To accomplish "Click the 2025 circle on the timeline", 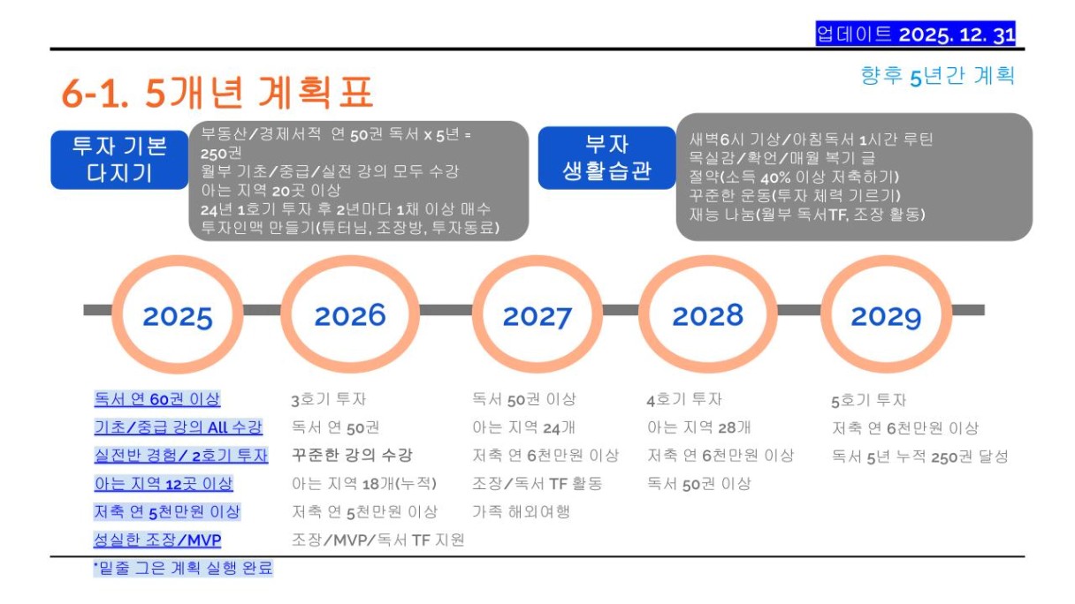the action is coord(178,262).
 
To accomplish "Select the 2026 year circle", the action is coord(350,262).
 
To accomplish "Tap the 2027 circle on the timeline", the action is coord(537,262).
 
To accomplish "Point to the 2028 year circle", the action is coord(707,262).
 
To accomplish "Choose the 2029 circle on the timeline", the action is coord(886,262).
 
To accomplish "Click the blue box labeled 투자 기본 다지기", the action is coord(119,160).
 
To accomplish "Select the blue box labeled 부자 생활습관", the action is coord(606,158).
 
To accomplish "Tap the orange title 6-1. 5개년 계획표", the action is coord(217,92).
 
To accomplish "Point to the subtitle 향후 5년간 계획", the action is coord(938,76).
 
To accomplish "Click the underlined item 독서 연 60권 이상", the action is coord(157,399).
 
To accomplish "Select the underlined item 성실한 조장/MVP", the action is coord(157,540).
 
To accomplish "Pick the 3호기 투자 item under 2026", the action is coord(329,399).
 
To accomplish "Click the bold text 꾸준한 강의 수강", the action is coord(352,455).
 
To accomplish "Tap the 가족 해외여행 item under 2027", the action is coord(522,511).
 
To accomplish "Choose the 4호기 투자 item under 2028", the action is coord(684,399).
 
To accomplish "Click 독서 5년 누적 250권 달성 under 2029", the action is coord(920,457).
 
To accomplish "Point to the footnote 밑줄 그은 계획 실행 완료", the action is coord(183,568).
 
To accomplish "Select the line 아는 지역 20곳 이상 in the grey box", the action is coord(271,191).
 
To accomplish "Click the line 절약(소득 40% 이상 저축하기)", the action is coord(794,177).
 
